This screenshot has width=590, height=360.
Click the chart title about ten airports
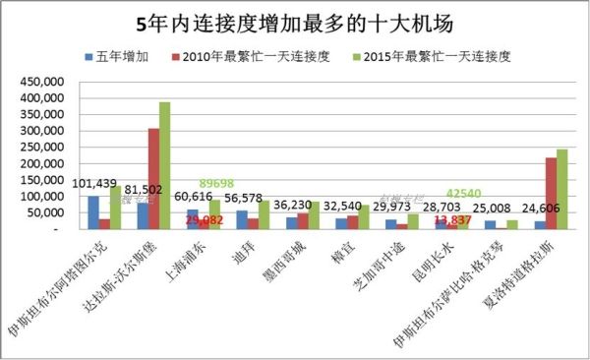(294, 21)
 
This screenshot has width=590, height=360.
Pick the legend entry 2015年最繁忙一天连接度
(434, 56)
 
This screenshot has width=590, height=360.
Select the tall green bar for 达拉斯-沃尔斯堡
(164, 165)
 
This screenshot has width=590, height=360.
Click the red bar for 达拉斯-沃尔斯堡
(153, 178)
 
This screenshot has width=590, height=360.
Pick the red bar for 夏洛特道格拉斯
(551, 193)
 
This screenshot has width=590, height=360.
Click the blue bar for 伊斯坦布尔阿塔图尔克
(92, 211)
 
